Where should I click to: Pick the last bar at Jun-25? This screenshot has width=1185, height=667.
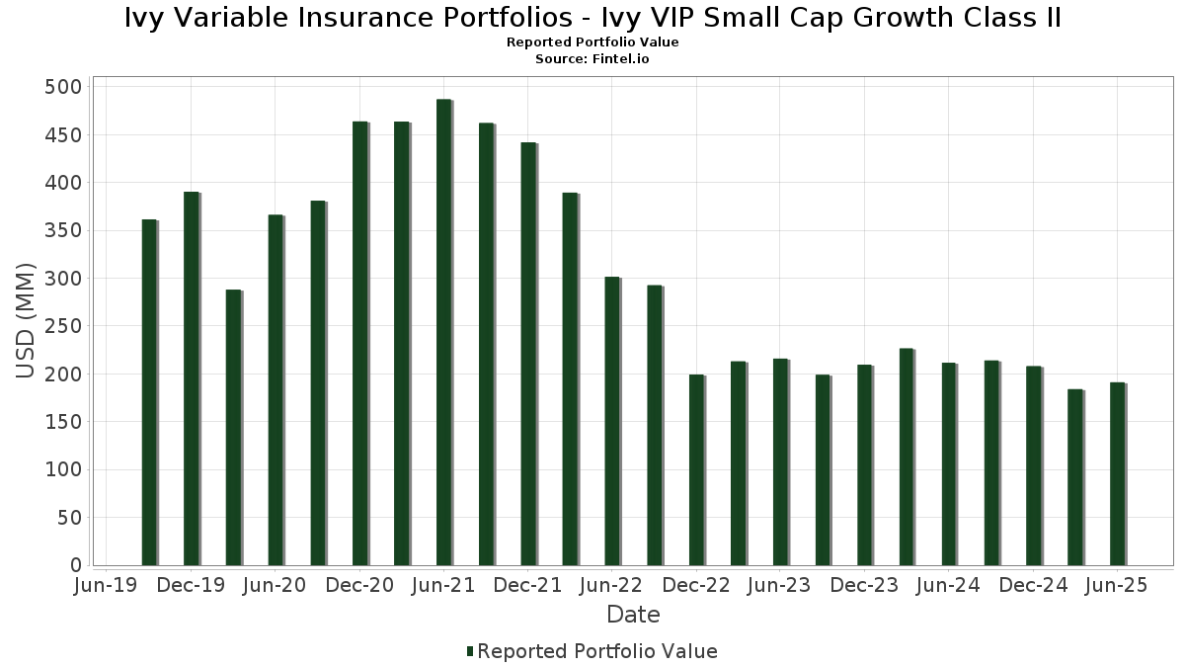[x=1117, y=473]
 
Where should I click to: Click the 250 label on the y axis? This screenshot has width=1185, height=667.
[x=62, y=326]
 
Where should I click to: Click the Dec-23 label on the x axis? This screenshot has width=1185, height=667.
[x=864, y=585]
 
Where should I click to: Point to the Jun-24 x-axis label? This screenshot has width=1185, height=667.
[x=948, y=585]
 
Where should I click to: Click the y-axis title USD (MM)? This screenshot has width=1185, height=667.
[x=26, y=320]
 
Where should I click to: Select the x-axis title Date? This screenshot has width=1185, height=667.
[x=633, y=615]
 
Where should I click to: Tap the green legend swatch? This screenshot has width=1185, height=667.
[x=470, y=651]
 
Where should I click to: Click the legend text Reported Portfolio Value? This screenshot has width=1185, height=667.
[x=597, y=651]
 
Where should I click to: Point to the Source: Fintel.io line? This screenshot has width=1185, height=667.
[x=592, y=59]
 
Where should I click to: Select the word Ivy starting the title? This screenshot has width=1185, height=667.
[x=144, y=18]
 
